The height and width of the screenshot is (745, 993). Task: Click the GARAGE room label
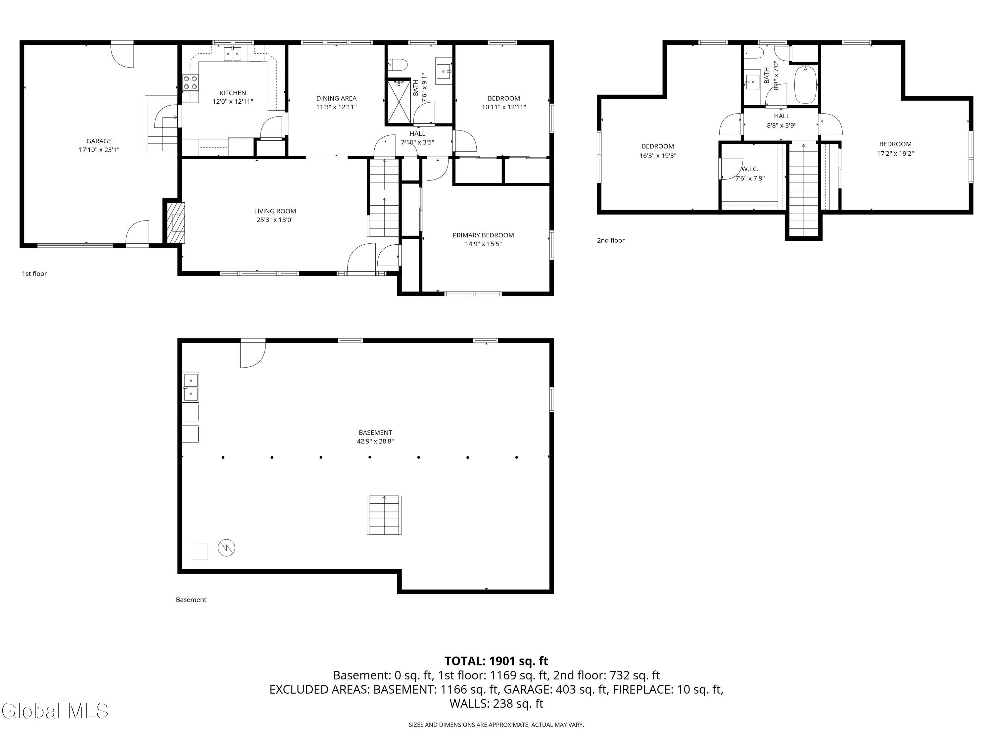pyautogui.click(x=99, y=141)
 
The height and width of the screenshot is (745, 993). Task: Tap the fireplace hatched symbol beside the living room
pyautogui.click(x=175, y=223)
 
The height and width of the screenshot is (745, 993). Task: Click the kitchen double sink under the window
pyautogui.click(x=233, y=54)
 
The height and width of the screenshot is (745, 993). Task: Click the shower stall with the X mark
pyautogui.click(x=399, y=101)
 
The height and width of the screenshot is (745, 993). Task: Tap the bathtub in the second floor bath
pyautogui.click(x=806, y=84)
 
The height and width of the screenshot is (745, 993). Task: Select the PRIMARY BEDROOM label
pyautogui.click(x=483, y=235)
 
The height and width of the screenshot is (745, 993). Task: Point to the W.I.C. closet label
pyautogui.click(x=750, y=169)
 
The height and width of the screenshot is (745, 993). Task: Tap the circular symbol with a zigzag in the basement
pyautogui.click(x=226, y=548)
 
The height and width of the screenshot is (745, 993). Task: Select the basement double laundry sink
pyautogui.click(x=190, y=387)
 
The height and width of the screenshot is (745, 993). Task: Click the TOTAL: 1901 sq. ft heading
pyautogui.click(x=496, y=661)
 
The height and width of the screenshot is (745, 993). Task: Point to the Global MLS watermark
pyautogui.click(x=55, y=711)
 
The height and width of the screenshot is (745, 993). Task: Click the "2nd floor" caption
pyautogui.click(x=610, y=241)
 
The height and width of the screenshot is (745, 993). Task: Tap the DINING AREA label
pyautogui.click(x=336, y=98)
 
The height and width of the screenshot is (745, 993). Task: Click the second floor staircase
pyautogui.click(x=804, y=189)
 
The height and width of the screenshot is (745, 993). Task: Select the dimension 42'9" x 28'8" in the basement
pyautogui.click(x=375, y=441)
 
